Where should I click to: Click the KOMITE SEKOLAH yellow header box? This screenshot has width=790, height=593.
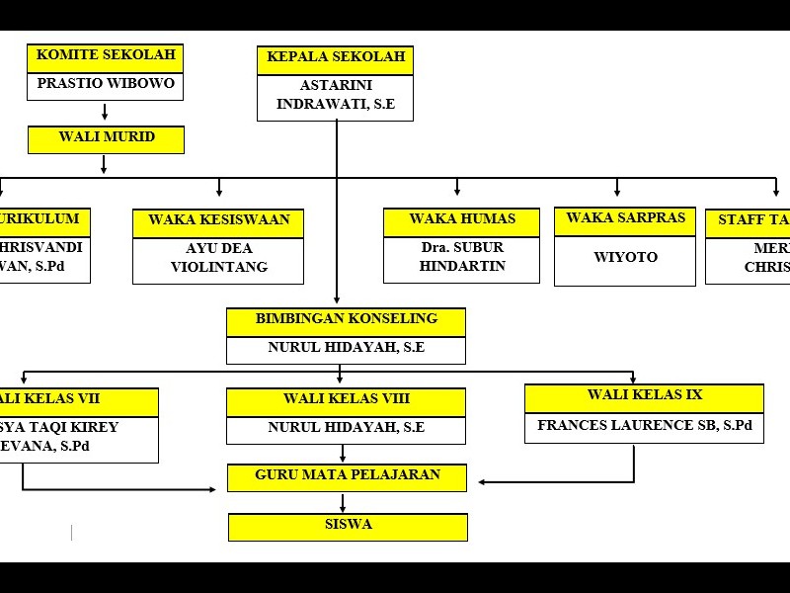pyautogui.click(x=106, y=55)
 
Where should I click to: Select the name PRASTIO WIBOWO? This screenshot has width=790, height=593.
pyautogui.click(x=106, y=84)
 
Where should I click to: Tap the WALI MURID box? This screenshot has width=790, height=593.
pyautogui.click(x=106, y=138)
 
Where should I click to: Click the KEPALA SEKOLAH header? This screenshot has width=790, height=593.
pyautogui.click(x=336, y=58)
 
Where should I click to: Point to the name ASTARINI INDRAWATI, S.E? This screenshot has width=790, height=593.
pyautogui.click(x=336, y=96)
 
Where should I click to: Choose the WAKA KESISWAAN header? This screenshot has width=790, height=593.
pyautogui.click(x=218, y=220)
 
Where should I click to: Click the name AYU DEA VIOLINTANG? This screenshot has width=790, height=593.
pyautogui.click(x=218, y=258)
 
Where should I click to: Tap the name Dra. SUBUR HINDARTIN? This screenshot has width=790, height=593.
pyautogui.click(x=462, y=258)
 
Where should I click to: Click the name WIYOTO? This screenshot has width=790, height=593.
pyautogui.click(x=625, y=258)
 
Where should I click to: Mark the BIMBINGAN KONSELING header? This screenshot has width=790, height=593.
pyautogui.click(x=346, y=320)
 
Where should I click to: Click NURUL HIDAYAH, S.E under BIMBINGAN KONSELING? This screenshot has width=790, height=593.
pyautogui.click(x=346, y=349)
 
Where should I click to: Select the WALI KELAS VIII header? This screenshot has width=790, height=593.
pyautogui.click(x=346, y=399)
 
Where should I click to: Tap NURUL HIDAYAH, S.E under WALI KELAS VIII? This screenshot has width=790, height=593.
pyautogui.click(x=346, y=429)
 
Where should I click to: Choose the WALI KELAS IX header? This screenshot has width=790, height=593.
pyautogui.click(x=644, y=396)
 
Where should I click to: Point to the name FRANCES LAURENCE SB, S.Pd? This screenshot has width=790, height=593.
pyautogui.click(x=644, y=427)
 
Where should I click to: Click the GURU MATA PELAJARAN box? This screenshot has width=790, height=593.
pyautogui.click(x=348, y=476)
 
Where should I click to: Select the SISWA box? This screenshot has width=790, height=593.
pyautogui.click(x=348, y=526)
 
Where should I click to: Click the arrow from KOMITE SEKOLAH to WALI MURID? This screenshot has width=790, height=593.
pyautogui.click(x=105, y=112)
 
